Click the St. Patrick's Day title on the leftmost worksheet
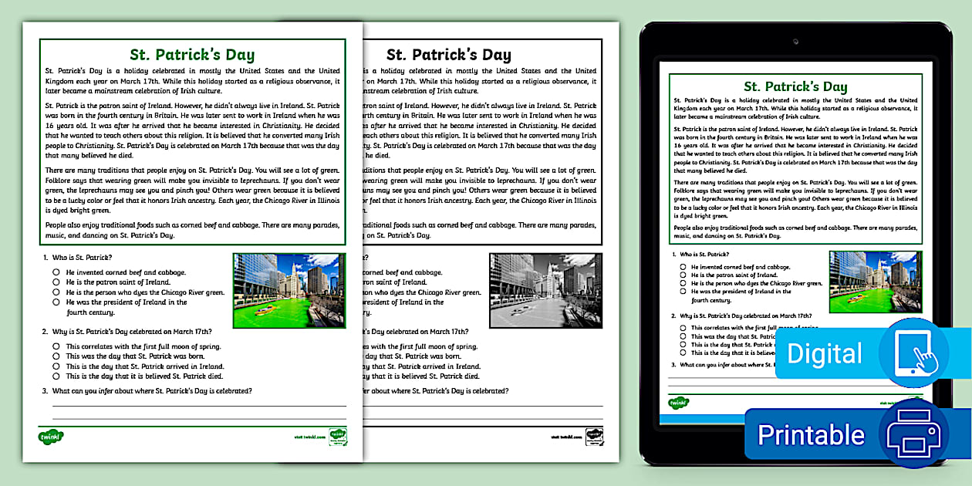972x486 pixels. coord(192,55)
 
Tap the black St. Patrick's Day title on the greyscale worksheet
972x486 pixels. coord(448,55)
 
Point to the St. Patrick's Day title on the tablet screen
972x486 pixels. coord(795,86)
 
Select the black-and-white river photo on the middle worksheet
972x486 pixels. coord(545,291)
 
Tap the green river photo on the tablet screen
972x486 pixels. coord(875,282)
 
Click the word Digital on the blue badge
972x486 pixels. coord(825,354)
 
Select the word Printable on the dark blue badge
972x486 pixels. coord(811,435)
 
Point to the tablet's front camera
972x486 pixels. coord(795,40)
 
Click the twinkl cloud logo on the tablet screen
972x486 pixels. coord(678,403)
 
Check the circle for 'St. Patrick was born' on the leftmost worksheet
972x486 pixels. coord(57,356)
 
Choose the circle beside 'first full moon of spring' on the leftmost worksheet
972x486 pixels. coord(57,346)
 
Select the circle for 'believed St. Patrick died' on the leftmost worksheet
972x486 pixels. coord(57,376)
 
